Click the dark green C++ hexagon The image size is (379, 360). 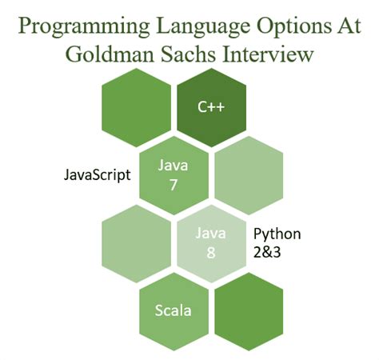(209, 106)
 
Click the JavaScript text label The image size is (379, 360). (97, 174)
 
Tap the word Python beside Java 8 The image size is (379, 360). (277, 234)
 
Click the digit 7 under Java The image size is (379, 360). (173, 184)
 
